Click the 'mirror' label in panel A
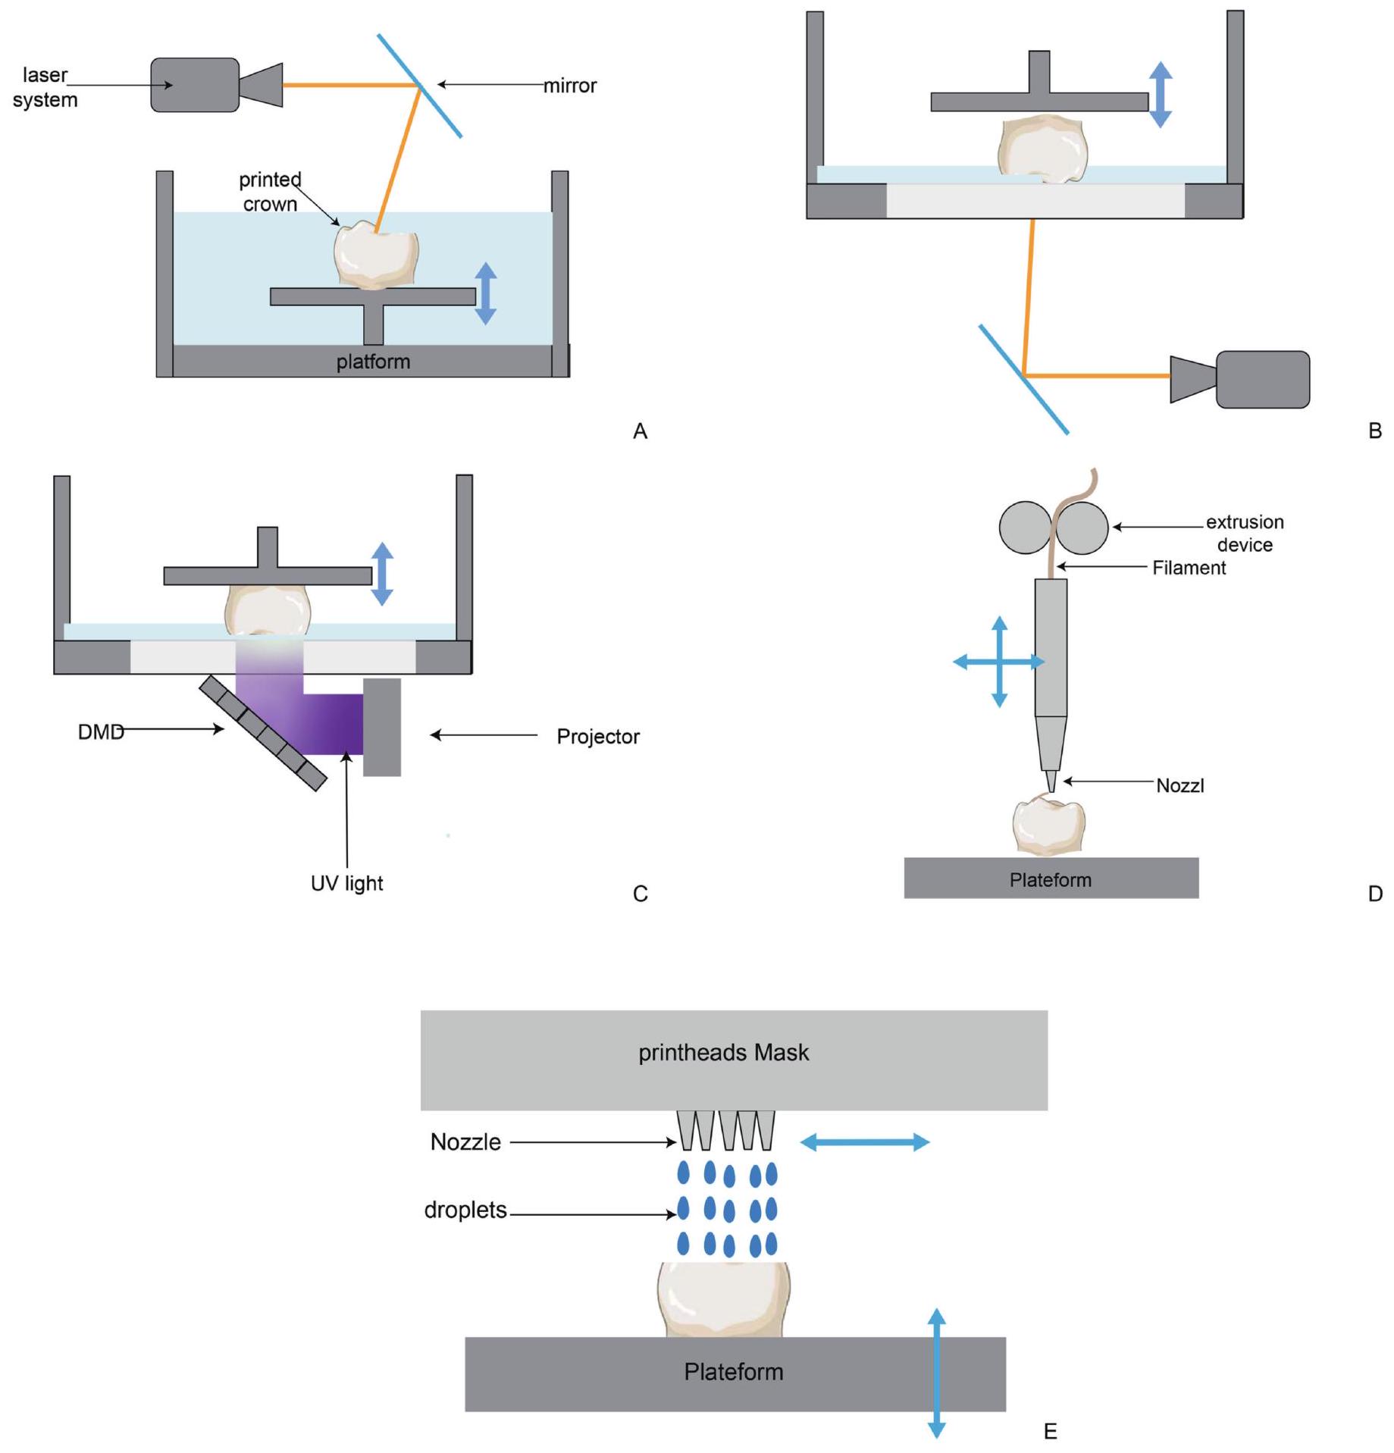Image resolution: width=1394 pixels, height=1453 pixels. [569, 86]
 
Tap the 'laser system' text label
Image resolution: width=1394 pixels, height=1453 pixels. [45, 87]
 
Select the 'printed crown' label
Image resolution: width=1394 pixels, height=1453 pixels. [270, 192]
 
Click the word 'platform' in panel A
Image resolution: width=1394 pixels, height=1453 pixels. [373, 362]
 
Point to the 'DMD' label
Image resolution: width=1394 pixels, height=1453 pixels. [101, 731]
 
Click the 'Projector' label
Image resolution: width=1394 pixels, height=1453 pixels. [597, 736]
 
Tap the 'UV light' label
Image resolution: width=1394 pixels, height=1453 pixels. [346, 883]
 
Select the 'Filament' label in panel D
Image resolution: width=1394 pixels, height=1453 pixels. [1188, 568]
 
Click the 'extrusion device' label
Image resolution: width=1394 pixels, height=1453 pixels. [1244, 533]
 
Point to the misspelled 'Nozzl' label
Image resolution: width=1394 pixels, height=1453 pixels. [1179, 785]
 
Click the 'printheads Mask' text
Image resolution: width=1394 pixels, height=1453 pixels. [723, 1052]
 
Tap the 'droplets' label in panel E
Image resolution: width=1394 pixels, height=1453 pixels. [465, 1210]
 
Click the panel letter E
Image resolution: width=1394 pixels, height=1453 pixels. [1050, 1431]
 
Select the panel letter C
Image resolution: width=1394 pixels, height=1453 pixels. [640, 894]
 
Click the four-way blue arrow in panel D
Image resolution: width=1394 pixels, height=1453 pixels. [999, 662]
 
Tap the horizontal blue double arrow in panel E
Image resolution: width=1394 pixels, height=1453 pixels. [864, 1142]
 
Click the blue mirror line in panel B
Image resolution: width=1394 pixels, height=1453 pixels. [1023, 380]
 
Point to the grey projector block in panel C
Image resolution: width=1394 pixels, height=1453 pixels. [381, 727]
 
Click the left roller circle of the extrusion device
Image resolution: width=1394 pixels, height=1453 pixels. [1025, 528]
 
